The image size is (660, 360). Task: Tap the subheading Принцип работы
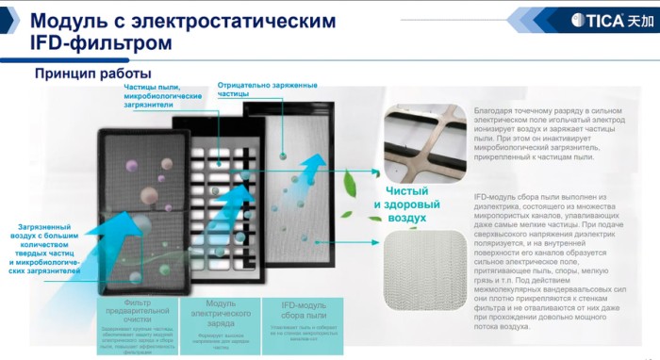[x=92, y=74]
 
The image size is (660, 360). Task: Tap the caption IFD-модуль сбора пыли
[x=306, y=309]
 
